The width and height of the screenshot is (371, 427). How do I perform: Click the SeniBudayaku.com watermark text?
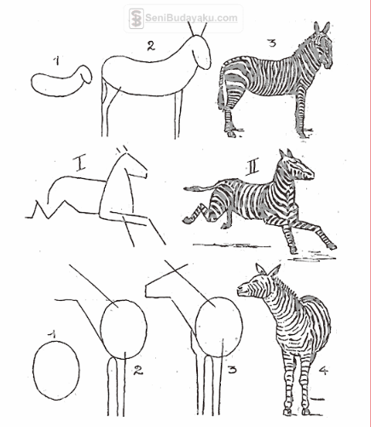(191, 18)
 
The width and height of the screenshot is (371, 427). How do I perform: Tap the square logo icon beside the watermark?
(136, 19)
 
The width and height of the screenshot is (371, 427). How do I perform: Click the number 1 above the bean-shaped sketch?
(57, 61)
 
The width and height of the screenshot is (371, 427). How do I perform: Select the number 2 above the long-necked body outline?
(151, 46)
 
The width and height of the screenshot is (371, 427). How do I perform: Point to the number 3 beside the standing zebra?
(272, 43)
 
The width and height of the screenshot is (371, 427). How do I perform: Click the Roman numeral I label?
(80, 163)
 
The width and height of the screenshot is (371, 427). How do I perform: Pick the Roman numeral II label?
(252, 168)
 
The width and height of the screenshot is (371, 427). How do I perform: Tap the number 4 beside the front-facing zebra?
(323, 370)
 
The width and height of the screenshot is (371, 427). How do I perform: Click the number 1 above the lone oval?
(51, 335)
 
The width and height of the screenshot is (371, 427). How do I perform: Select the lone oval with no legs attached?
(56, 370)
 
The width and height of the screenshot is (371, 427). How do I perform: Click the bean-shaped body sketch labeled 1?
(61, 81)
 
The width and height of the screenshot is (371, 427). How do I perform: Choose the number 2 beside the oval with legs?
(138, 370)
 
